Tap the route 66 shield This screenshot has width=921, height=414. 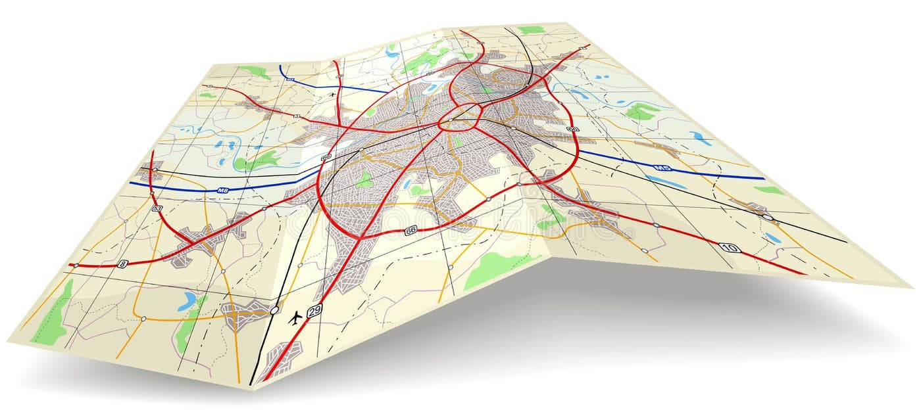[x=411, y=230]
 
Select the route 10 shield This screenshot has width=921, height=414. [x=730, y=248]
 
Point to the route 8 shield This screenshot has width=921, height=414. [x=122, y=264]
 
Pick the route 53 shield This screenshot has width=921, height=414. [x=157, y=208]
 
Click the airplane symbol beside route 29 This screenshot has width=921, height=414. [x=295, y=319]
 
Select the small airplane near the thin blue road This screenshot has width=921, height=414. [x=332, y=94]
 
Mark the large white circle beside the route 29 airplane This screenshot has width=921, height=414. [x=274, y=309]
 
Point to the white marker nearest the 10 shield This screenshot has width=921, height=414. [x=656, y=225]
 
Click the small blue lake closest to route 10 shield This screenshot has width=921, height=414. [x=773, y=238]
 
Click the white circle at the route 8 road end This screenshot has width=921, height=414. [x=76, y=265]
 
